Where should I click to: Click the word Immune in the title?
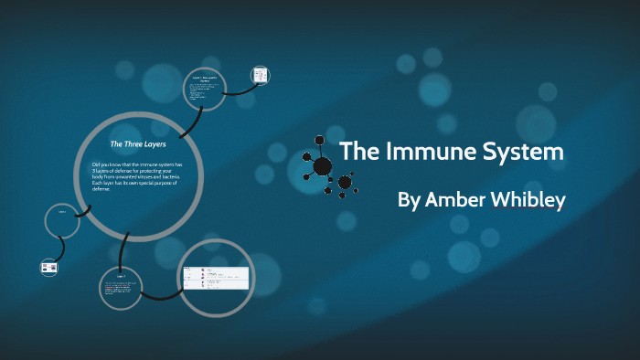pos(431,153)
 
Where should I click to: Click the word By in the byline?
pos(408,200)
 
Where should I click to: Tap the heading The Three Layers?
pos(138,144)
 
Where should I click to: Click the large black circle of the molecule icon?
pos(324,166)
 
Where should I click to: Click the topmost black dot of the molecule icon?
pos(320,140)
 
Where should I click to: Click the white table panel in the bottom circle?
pos(216,277)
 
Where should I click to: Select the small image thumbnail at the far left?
pos(48,268)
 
